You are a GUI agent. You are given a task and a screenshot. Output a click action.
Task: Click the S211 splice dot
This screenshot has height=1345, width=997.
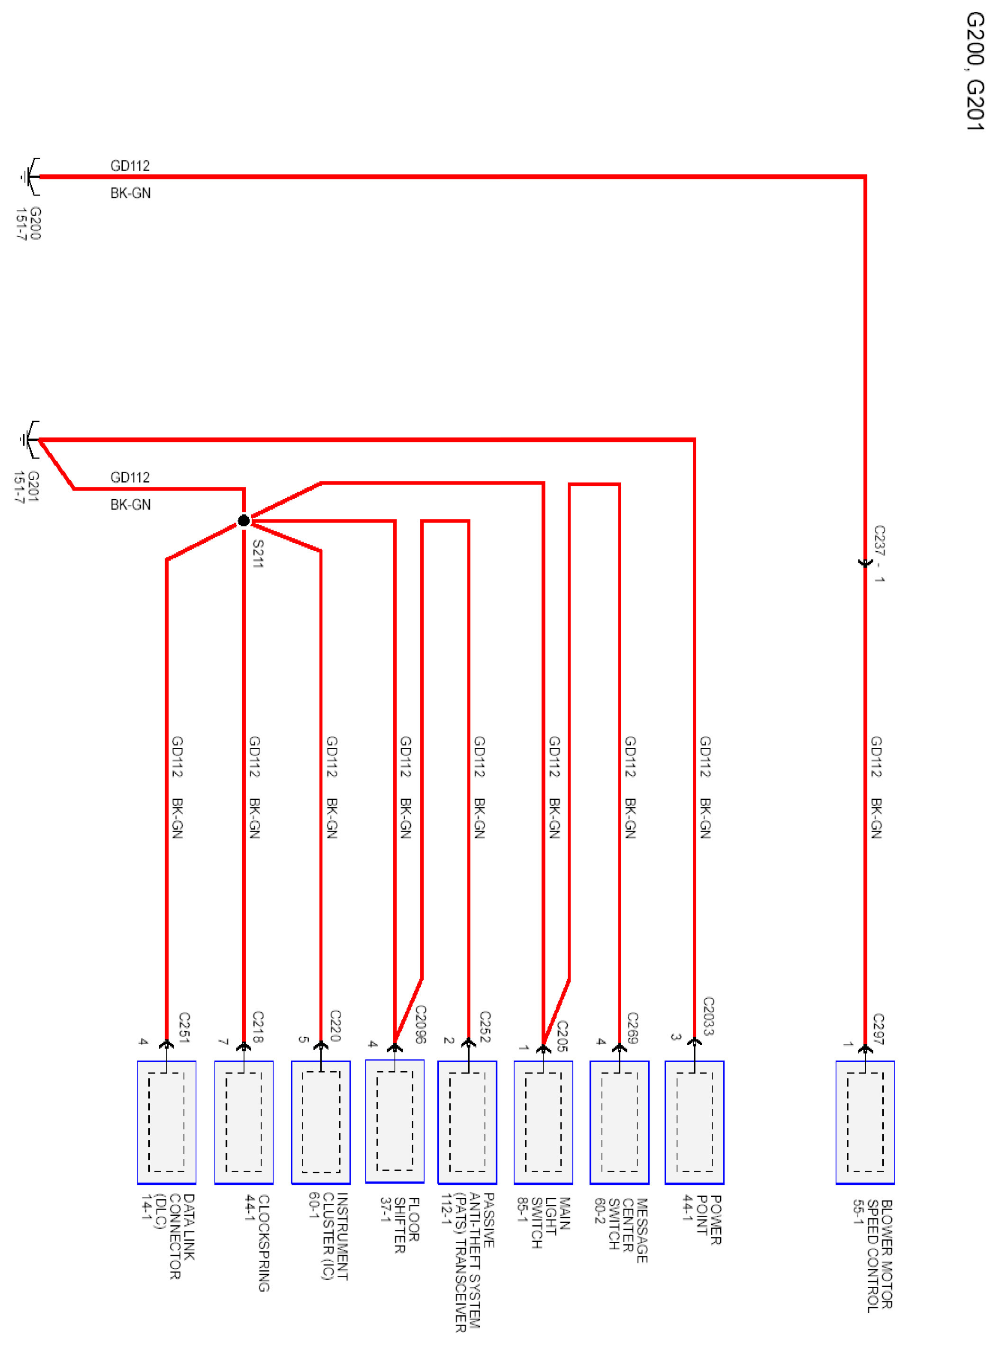click(244, 520)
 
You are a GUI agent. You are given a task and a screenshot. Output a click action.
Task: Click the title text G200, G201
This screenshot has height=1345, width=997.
click(975, 71)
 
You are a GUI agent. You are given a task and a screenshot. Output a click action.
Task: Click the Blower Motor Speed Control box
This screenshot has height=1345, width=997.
click(865, 1122)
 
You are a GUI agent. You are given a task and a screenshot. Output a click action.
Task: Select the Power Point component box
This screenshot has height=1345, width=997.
click(694, 1122)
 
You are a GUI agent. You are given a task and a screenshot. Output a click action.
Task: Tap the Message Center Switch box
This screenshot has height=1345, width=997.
click(619, 1122)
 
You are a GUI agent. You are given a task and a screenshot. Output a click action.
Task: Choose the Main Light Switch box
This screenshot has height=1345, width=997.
click(543, 1122)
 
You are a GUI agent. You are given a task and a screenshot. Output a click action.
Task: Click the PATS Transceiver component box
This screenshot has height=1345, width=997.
click(467, 1122)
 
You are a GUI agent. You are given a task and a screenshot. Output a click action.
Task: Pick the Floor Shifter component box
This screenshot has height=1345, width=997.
click(395, 1121)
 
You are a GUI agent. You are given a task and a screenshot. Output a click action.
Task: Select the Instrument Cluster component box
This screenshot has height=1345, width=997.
click(320, 1122)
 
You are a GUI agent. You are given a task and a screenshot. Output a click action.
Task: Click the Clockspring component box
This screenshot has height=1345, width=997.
click(244, 1122)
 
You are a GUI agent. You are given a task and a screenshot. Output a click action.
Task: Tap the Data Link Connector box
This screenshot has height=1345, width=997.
click(167, 1122)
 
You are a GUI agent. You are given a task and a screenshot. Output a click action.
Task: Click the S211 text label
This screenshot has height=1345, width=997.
click(258, 553)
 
